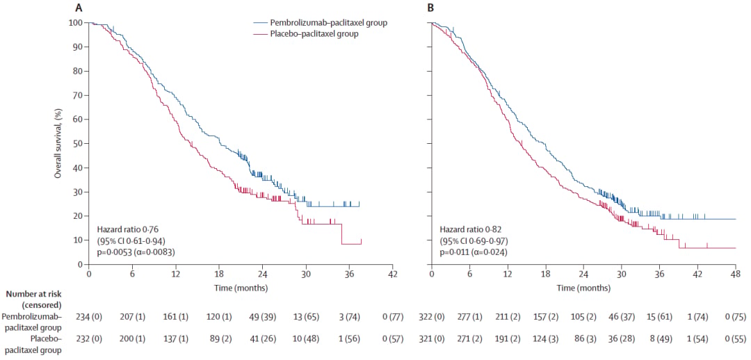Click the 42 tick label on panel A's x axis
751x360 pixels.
point(392,275)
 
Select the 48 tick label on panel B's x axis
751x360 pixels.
point(735,275)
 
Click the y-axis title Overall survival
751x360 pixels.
point(58,143)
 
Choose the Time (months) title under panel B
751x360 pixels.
point(584,288)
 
